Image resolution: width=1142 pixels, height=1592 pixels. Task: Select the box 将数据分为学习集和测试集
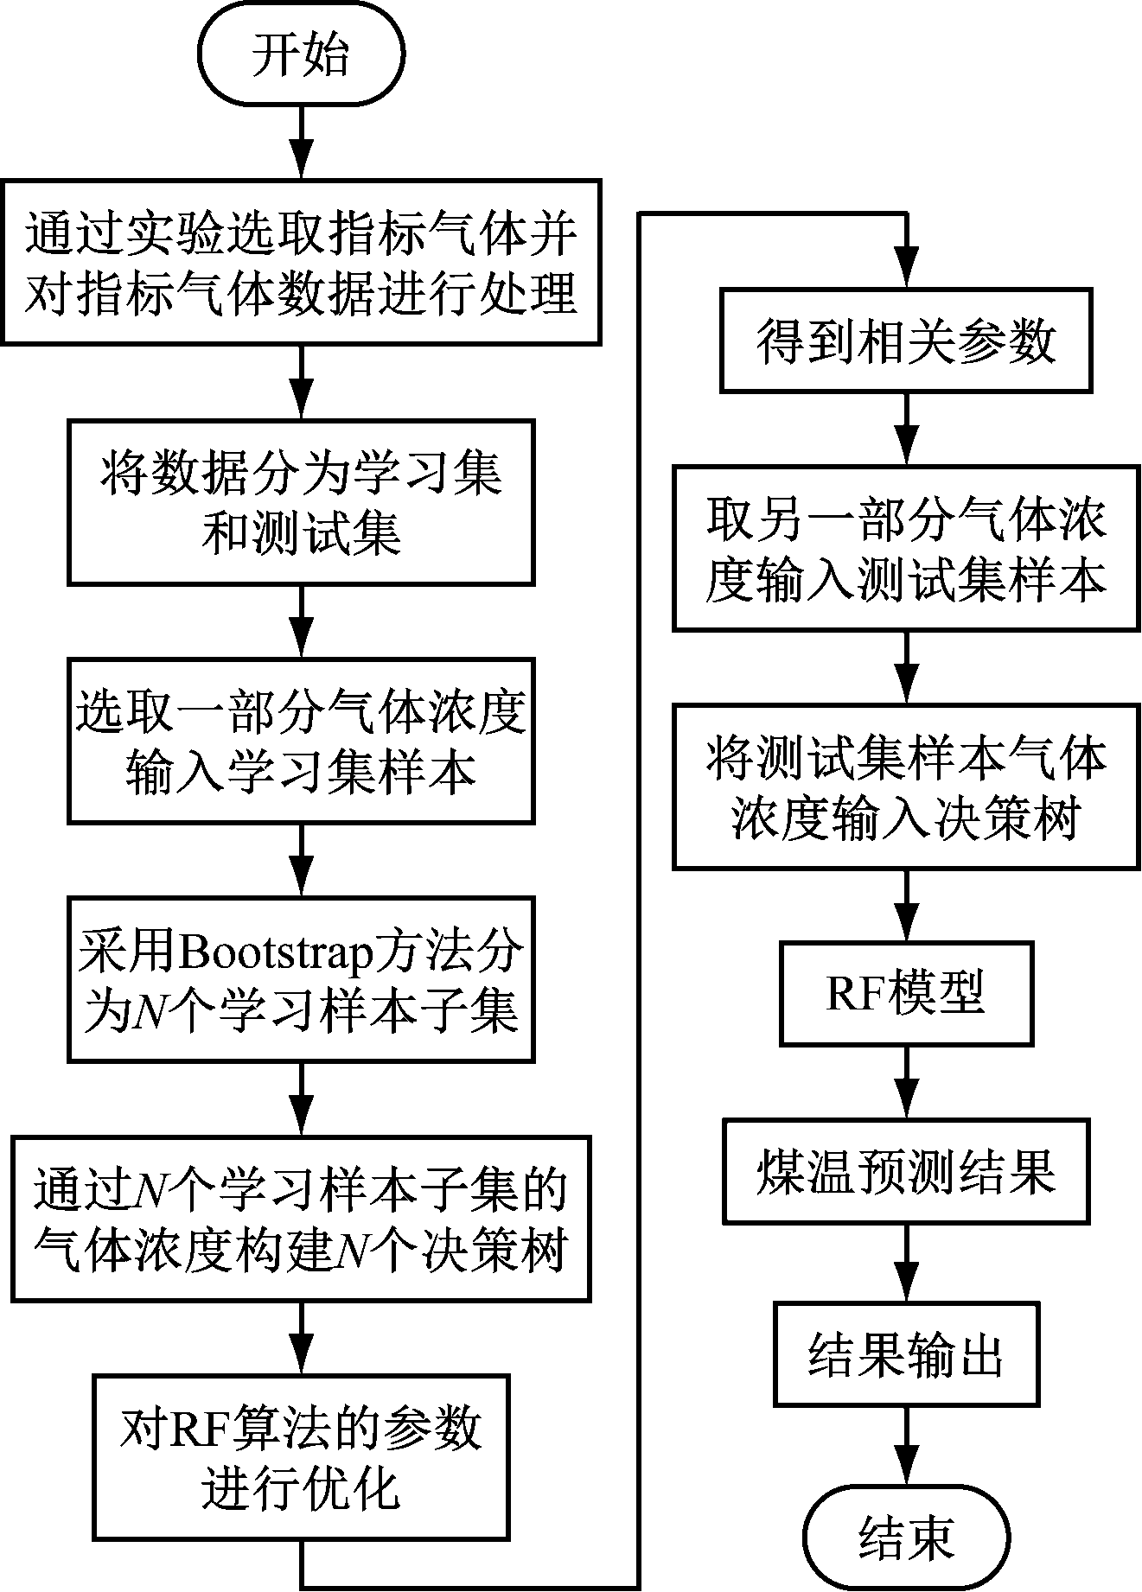coord(301,502)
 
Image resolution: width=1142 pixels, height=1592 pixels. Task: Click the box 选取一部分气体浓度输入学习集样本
coord(301,740)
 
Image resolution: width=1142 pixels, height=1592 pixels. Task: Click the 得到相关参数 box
coord(906,342)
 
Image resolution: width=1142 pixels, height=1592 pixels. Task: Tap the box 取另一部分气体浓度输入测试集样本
coord(906,549)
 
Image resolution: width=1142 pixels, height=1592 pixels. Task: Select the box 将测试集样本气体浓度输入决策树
coord(906,787)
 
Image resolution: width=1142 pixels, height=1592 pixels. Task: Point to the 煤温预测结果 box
coord(906,1172)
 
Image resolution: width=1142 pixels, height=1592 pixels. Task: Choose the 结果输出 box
coord(906,1354)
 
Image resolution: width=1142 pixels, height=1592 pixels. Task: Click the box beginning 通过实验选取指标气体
coord(301,263)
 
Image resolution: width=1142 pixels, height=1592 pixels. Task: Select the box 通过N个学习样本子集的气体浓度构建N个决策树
coord(301,1219)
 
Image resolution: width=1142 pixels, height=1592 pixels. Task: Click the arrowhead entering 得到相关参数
coord(906,271)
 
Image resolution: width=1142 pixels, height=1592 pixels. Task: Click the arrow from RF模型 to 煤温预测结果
coord(906,1083)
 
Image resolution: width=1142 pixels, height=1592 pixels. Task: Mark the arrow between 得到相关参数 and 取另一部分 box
coord(906,430)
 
